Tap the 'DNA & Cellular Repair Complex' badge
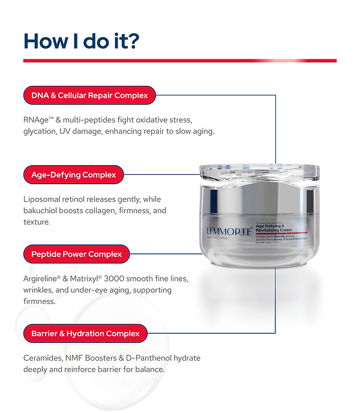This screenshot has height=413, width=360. (x=89, y=95)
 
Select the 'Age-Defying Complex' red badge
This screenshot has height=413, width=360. (x=73, y=175)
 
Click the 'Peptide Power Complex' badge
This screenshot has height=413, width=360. (x=76, y=254)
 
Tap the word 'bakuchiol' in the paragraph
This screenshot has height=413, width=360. (x=42, y=211)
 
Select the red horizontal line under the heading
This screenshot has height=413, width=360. (x=179, y=61)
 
